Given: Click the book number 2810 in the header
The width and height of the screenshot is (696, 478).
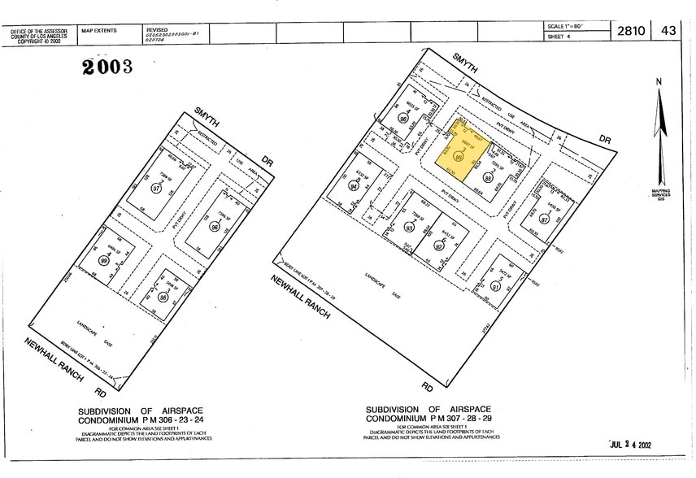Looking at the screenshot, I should [631, 31].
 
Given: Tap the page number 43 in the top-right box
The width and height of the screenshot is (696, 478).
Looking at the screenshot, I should [668, 31].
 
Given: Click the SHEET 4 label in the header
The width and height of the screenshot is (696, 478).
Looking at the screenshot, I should [559, 37].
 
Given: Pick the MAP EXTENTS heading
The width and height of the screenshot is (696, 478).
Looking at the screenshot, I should [99, 30].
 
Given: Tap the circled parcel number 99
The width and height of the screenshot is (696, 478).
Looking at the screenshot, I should [104, 259].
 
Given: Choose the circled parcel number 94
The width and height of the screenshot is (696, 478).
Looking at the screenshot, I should [354, 185].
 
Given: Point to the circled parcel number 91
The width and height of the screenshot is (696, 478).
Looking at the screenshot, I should [494, 285].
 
